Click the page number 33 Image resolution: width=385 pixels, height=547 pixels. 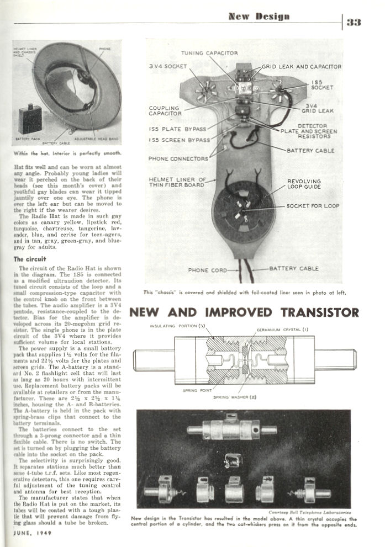tap(354, 22)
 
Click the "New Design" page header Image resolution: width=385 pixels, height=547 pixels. tap(259, 17)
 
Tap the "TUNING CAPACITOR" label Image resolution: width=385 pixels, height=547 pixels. tap(210, 53)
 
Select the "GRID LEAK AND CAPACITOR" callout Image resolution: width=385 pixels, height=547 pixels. tap(302, 67)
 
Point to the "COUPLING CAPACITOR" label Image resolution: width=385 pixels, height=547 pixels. tap(165, 111)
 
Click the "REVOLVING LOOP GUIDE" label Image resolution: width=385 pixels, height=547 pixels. tap(303, 184)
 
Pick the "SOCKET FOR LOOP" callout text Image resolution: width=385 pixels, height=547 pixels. tap(313, 206)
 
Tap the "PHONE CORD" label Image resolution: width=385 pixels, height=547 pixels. tap(205, 270)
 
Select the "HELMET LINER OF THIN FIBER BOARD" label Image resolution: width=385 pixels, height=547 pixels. tap(177, 183)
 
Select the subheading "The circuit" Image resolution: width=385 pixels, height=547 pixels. tap(26, 259)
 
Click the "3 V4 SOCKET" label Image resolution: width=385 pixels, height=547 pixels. tap(168, 67)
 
